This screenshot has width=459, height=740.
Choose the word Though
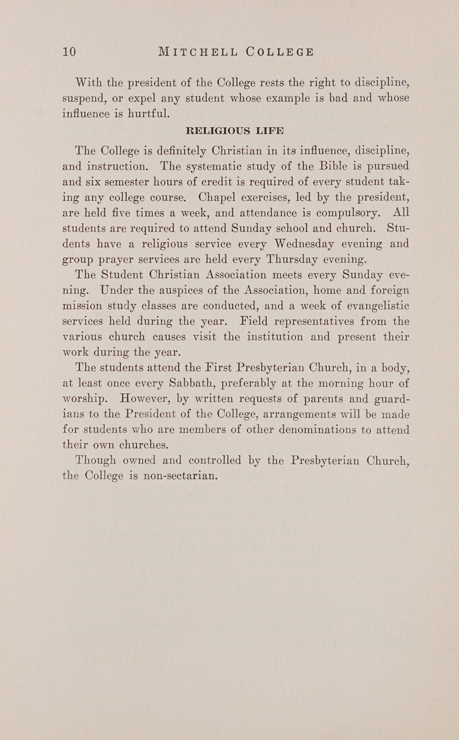pyautogui.click(x=96, y=460)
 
